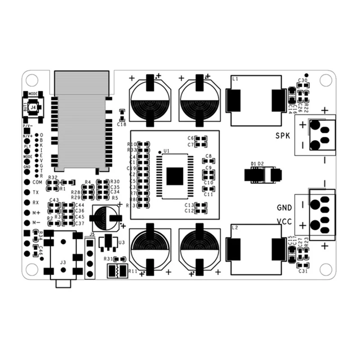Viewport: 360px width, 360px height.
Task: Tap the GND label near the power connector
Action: [x=284, y=208]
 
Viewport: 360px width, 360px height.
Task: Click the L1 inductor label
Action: [x=234, y=79]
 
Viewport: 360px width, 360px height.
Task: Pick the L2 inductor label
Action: [x=234, y=228]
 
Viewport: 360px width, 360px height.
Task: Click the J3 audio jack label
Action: [x=63, y=262]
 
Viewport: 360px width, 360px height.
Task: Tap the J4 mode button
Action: [x=33, y=107]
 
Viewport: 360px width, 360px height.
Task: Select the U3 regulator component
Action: [x=108, y=242]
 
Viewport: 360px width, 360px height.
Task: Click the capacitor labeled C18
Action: [x=121, y=113]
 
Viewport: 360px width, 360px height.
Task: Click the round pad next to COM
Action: [x=27, y=182]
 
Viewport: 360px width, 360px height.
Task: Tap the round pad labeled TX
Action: [x=27, y=192]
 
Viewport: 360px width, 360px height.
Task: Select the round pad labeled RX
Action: [x=27, y=202]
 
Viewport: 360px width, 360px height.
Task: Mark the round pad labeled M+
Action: [x=27, y=212]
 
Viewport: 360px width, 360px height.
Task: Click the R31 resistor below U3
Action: [x=120, y=259]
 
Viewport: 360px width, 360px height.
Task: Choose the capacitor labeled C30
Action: [x=303, y=87]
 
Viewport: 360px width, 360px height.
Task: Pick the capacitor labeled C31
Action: [x=303, y=265]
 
